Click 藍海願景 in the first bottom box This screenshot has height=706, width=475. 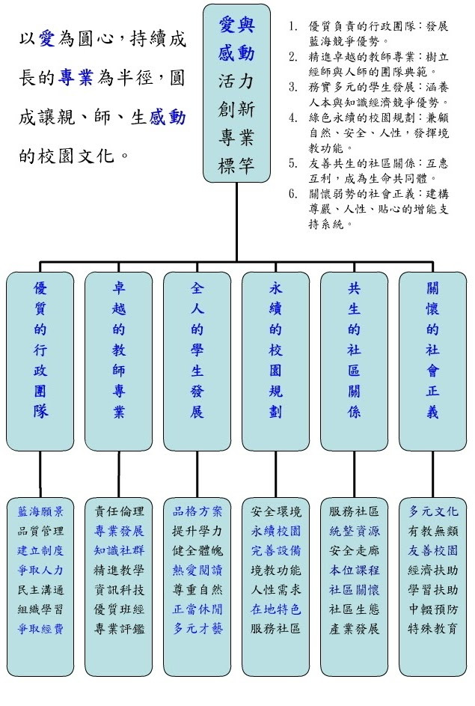coord(40,511)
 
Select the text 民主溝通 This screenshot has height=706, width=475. coord(40,589)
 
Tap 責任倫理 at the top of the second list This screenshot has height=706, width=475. coord(119,511)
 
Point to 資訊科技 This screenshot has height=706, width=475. coord(119,589)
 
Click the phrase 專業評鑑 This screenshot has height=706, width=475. coord(119,628)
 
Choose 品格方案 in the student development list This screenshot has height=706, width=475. coord(197,511)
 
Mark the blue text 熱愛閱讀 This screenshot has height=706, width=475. coord(197,570)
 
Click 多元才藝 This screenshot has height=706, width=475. coord(197,628)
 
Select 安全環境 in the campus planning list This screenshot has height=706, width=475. coord(276,511)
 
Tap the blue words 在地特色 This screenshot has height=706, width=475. coord(276,609)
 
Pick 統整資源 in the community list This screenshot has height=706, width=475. coord(355,531)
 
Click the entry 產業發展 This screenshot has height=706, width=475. coord(355,628)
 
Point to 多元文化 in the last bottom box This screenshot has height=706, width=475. coord(433,511)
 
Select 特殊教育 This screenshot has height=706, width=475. coord(433,628)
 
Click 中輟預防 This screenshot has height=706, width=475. coord(433,609)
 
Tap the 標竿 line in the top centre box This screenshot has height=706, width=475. coord(236,164)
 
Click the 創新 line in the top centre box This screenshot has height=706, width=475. coord(236,109)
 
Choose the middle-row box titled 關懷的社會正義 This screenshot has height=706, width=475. coord(433,360)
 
